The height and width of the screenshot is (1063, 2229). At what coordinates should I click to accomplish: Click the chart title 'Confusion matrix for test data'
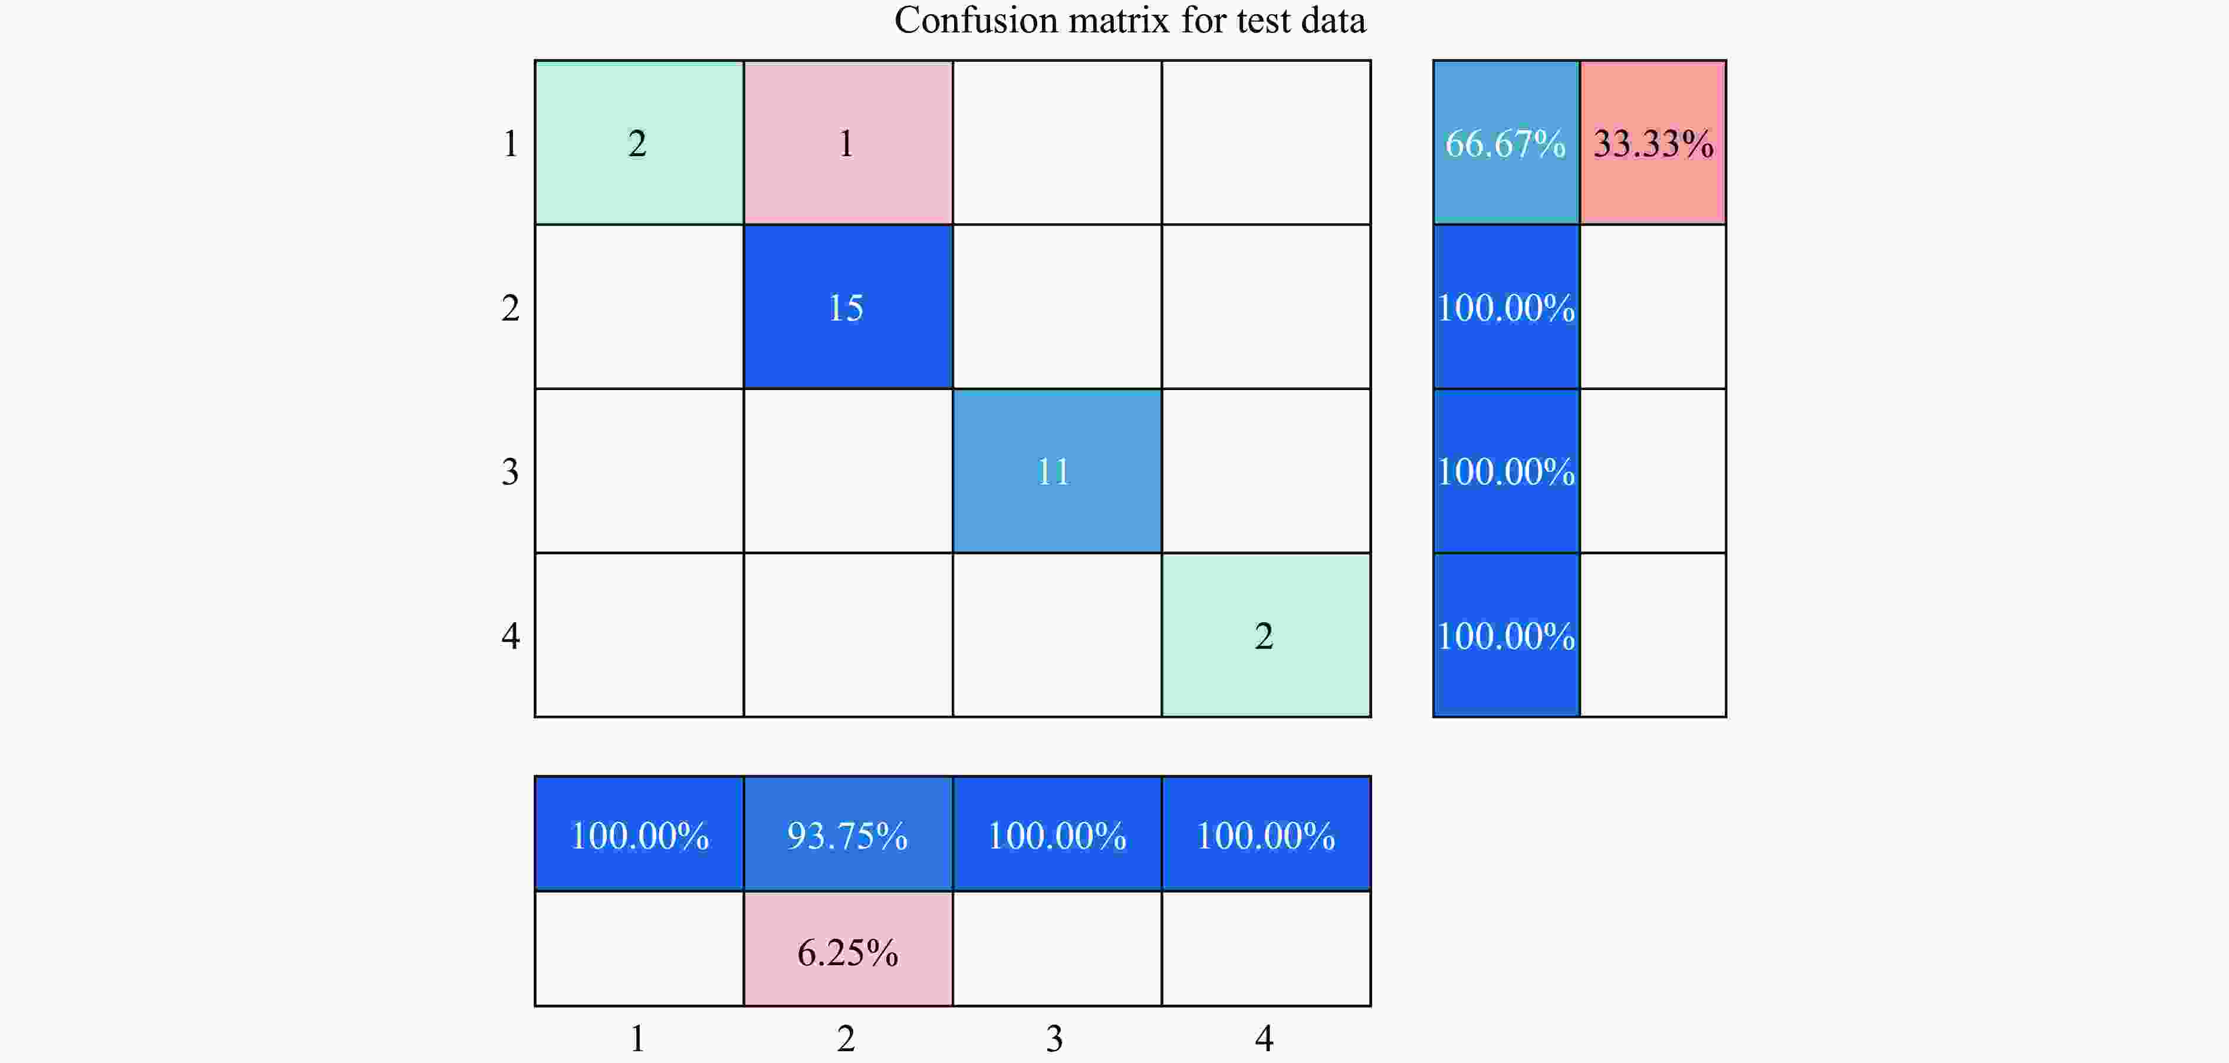pyautogui.click(x=1129, y=21)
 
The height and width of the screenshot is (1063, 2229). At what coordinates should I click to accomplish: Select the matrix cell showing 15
pyautogui.click(x=847, y=307)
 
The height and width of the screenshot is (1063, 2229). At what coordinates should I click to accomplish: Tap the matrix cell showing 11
pyautogui.click(x=1057, y=471)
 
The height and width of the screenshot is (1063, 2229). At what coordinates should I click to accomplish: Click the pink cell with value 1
pyautogui.click(x=847, y=143)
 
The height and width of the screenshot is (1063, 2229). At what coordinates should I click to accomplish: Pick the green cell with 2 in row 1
pyautogui.click(x=639, y=143)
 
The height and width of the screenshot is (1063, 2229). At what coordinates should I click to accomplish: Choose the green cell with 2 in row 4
pyautogui.click(x=1265, y=636)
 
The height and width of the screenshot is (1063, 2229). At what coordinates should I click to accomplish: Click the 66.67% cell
pyautogui.click(x=1505, y=143)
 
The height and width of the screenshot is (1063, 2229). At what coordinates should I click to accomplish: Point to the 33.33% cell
pyautogui.click(x=1653, y=143)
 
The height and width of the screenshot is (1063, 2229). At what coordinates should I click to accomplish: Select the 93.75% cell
pyautogui.click(x=847, y=834)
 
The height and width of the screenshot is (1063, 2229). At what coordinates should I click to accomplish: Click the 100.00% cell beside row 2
pyautogui.click(x=1505, y=307)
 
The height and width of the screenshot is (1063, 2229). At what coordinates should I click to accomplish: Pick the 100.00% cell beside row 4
pyautogui.click(x=1505, y=636)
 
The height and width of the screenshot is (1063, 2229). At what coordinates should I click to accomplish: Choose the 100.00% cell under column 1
pyautogui.click(x=639, y=834)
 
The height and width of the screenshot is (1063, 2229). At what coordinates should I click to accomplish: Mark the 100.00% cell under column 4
pyautogui.click(x=1265, y=834)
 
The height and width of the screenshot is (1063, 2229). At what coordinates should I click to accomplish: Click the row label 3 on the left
pyautogui.click(x=511, y=472)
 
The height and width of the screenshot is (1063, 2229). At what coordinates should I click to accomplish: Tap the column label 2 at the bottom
pyautogui.click(x=846, y=1038)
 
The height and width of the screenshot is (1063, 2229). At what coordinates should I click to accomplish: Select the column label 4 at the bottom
pyautogui.click(x=1264, y=1038)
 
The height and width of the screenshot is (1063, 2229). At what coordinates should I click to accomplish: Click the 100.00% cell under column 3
pyautogui.click(x=1057, y=834)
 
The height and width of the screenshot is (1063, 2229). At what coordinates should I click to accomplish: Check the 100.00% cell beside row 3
pyautogui.click(x=1505, y=471)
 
